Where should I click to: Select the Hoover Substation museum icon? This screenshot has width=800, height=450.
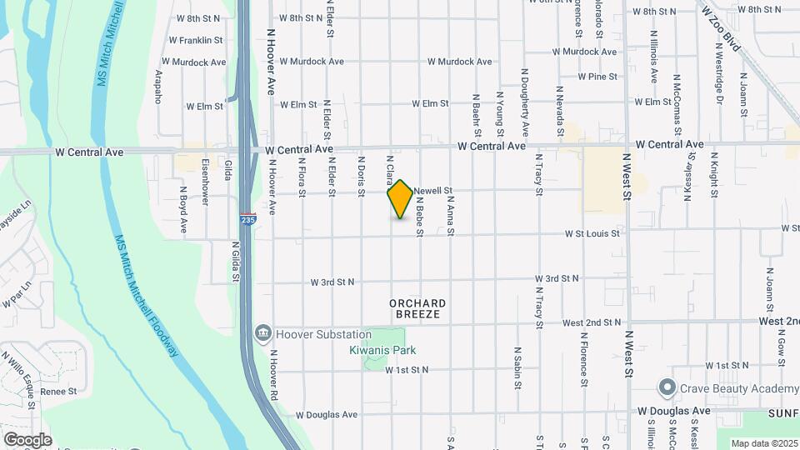[x=264, y=334]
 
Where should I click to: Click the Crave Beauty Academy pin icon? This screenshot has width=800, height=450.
[x=666, y=388]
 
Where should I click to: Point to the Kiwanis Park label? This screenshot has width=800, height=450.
[x=382, y=351]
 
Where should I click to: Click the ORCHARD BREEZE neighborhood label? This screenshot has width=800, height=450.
[x=417, y=309]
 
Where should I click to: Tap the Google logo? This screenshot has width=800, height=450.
[x=27, y=439]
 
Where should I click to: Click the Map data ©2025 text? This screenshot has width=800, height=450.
[x=763, y=443]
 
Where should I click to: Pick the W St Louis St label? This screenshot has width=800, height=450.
[x=592, y=234]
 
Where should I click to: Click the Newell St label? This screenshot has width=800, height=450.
[x=432, y=190]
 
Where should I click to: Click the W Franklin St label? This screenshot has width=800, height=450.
[x=195, y=40]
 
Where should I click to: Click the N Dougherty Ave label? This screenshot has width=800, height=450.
[x=525, y=103]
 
